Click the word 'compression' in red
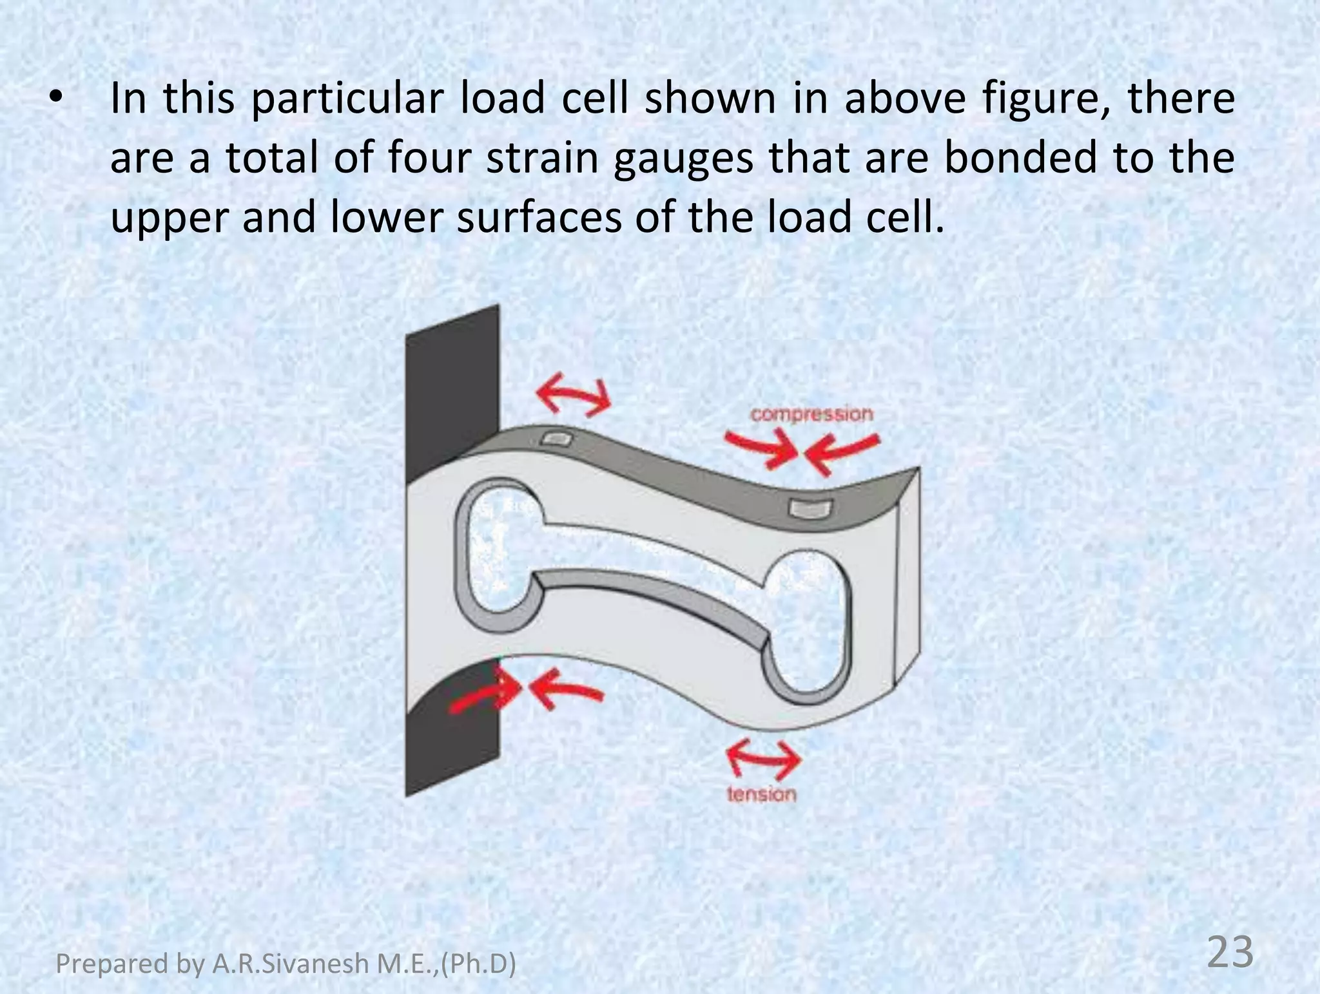811,414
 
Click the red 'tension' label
761,794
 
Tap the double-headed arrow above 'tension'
763,759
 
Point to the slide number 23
1229,952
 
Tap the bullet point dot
57,99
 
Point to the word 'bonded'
1020,158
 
